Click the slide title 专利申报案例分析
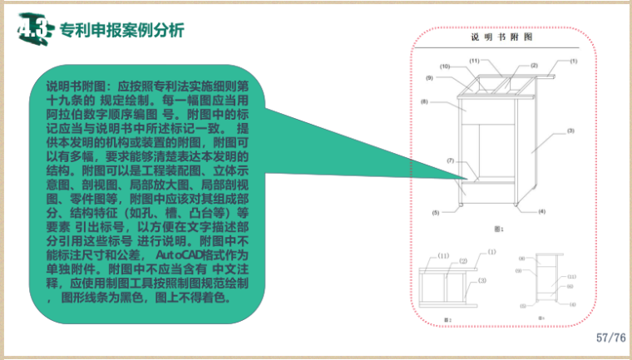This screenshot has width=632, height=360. click(x=122, y=30)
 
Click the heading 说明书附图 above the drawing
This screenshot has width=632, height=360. click(x=501, y=37)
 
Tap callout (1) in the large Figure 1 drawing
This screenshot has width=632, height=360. click(x=573, y=62)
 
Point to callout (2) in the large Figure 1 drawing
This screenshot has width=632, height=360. click(x=534, y=65)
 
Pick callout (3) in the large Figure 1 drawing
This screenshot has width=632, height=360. click(x=570, y=131)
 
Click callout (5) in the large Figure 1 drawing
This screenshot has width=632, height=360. click(x=435, y=213)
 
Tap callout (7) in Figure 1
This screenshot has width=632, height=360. click(x=449, y=160)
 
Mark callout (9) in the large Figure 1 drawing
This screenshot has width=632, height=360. click(x=430, y=77)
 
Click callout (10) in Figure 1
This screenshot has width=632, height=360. click(x=445, y=66)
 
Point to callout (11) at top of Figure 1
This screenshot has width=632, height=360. click(x=474, y=61)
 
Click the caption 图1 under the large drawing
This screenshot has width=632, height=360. click(x=500, y=228)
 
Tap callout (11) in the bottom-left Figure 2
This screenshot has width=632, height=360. click(x=443, y=255)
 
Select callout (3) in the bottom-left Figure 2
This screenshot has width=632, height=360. click(x=481, y=281)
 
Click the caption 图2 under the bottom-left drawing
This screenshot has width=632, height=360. click(x=447, y=319)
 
